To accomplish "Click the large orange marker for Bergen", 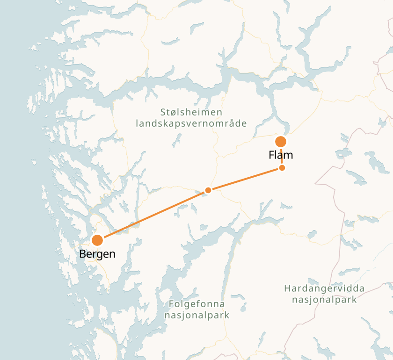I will [x=97, y=240].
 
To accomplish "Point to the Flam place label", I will [x=281, y=155].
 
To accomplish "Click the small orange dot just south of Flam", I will [x=282, y=168].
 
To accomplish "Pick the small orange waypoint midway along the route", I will [x=208, y=190].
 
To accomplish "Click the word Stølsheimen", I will [x=191, y=113].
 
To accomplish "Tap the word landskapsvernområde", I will [x=191, y=123].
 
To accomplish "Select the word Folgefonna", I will [x=197, y=304].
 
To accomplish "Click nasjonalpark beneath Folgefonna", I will [x=197, y=315].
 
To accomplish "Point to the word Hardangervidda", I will [x=324, y=288].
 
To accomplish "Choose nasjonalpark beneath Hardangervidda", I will [x=324, y=299].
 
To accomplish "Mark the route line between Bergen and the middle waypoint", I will [x=153, y=216].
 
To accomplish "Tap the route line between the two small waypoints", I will [x=245, y=179].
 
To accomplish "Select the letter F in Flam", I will [x=271, y=155].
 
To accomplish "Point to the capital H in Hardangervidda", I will [x=287, y=288].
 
